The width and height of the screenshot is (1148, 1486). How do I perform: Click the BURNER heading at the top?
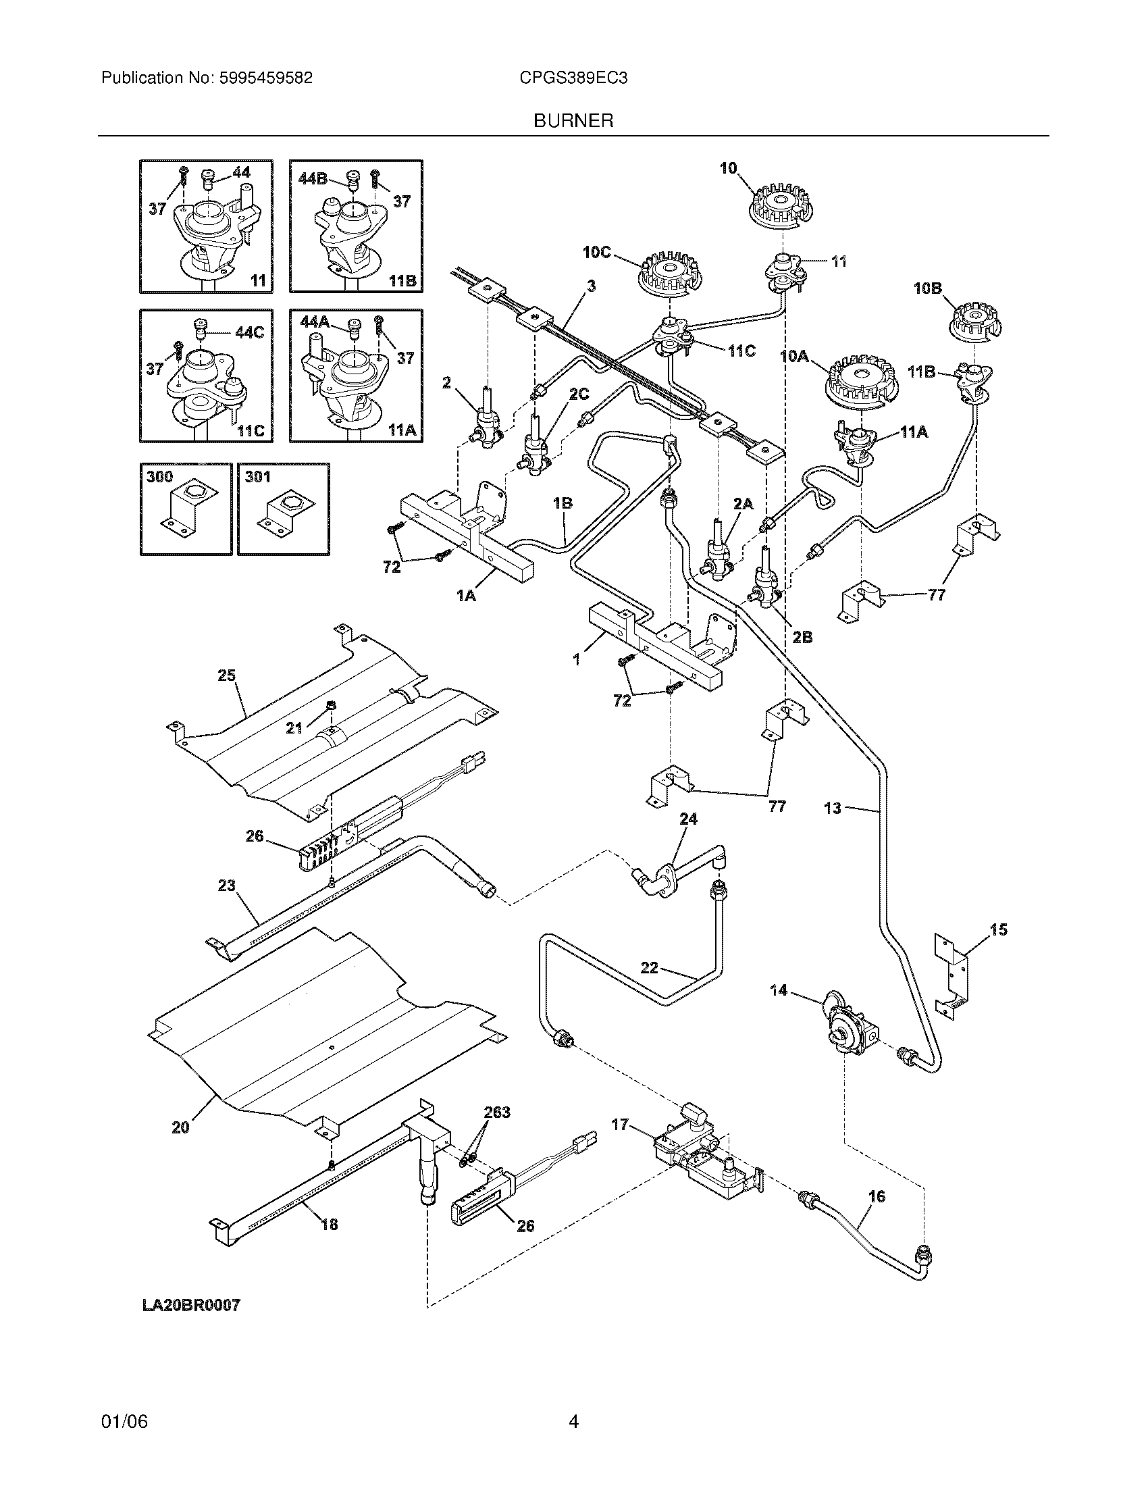click(x=573, y=120)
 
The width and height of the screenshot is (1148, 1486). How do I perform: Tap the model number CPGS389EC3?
click(x=573, y=78)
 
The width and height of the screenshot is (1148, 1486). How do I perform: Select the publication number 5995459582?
click(x=265, y=78)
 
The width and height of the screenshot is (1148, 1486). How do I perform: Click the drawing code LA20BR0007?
click(x=191, y=1305)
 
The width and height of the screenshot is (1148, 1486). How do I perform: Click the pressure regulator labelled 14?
click(x=847, y=1033)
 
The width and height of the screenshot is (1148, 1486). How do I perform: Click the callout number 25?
click(x=226, y=675)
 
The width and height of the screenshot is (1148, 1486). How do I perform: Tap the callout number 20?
click(x=181, y=1127)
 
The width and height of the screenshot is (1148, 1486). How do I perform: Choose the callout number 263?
click(x=496, y=1112)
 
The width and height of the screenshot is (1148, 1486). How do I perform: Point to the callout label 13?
click(x=833, y=808)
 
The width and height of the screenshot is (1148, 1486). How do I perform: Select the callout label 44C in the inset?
click(x=249, y=333)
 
